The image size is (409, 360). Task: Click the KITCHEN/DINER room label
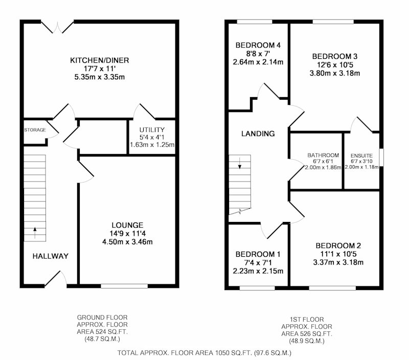(99, 60)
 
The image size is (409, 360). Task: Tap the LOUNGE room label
(127, 225)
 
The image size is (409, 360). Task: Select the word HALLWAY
(50, 256)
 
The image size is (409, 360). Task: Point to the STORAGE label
(35, 130)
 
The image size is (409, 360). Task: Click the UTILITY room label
(152, 130)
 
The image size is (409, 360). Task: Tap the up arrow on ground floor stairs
(35, 233)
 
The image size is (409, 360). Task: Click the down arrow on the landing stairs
(240, 163)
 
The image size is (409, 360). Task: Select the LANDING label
(258, 134)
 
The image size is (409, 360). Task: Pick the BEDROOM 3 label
(335, 56)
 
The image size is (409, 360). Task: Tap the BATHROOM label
(323, 155)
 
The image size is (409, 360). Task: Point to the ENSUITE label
(361, 156)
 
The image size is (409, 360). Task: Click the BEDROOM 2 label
(338, 246)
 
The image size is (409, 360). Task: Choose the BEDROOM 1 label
(258, 254)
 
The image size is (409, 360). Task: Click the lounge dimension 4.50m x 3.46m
(127, 242)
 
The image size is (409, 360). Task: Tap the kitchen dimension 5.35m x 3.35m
(99, 77)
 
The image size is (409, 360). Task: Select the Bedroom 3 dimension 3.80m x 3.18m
(335, 73)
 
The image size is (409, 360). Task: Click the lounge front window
(124, 286)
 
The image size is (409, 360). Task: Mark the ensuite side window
(381, 157)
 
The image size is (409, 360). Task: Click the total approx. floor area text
(204, 353)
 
